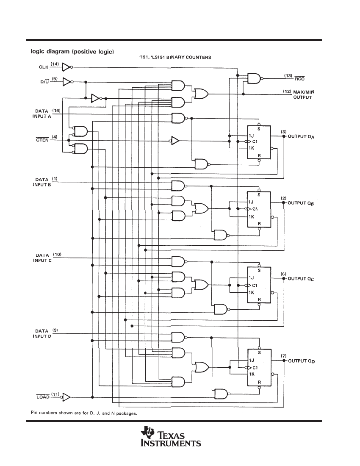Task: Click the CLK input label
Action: click(44, 67)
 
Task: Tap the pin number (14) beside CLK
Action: click(55, 64)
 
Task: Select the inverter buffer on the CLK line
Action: click(66, 67)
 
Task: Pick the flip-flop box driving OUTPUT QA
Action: click(259, 141)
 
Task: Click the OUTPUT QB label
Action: click(303, 203)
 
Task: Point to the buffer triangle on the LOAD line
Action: click(66, 397)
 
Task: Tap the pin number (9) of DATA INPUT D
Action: click(55, 330)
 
